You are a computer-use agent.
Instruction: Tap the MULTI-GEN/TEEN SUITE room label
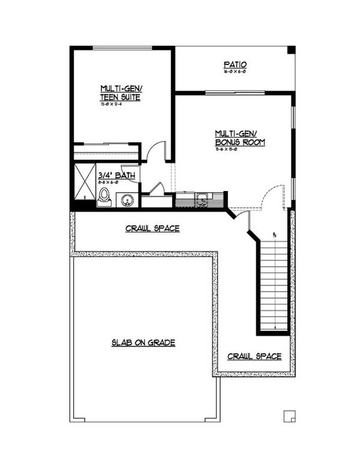tap(120, 93)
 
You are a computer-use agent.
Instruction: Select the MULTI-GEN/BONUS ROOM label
tap(240, 138)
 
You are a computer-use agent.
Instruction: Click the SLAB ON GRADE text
tap(143, 343)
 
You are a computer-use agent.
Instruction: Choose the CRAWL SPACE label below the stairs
tap(254, 356)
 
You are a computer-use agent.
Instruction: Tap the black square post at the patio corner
tap(291, 50)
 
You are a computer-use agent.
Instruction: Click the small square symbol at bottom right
tap(289, 415)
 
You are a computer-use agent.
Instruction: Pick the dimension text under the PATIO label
tap(234, 73)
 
